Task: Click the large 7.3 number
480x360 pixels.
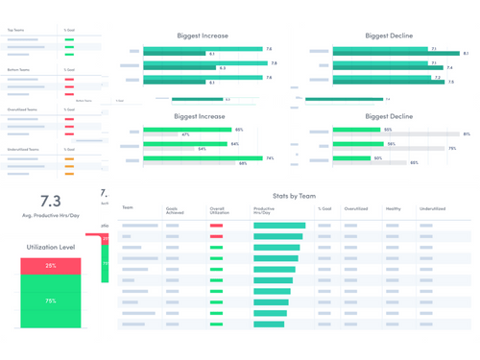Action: pos(50,201)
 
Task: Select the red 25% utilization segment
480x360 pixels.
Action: pos(50,266)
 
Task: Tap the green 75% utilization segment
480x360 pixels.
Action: pos(50,300)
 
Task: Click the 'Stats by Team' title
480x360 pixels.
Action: pos(294,195)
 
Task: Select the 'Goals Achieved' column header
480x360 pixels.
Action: pos(173,209)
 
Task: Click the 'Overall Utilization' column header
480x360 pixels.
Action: pos(220,209)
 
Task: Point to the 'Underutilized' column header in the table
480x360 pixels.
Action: pos(432,207)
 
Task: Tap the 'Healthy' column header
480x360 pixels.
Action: pos(394,207)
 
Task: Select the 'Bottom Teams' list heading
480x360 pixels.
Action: pos(18,70)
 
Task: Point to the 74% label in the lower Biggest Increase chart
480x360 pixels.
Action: pos(270,158)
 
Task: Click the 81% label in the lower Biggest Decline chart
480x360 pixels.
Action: pos(467,134)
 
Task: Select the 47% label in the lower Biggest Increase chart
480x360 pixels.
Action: pos(185,134)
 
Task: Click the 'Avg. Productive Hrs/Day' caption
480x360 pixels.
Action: pos(50,216)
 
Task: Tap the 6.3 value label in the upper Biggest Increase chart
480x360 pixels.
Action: pos(223,68)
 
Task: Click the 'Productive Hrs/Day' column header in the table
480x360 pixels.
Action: pos(265,209)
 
